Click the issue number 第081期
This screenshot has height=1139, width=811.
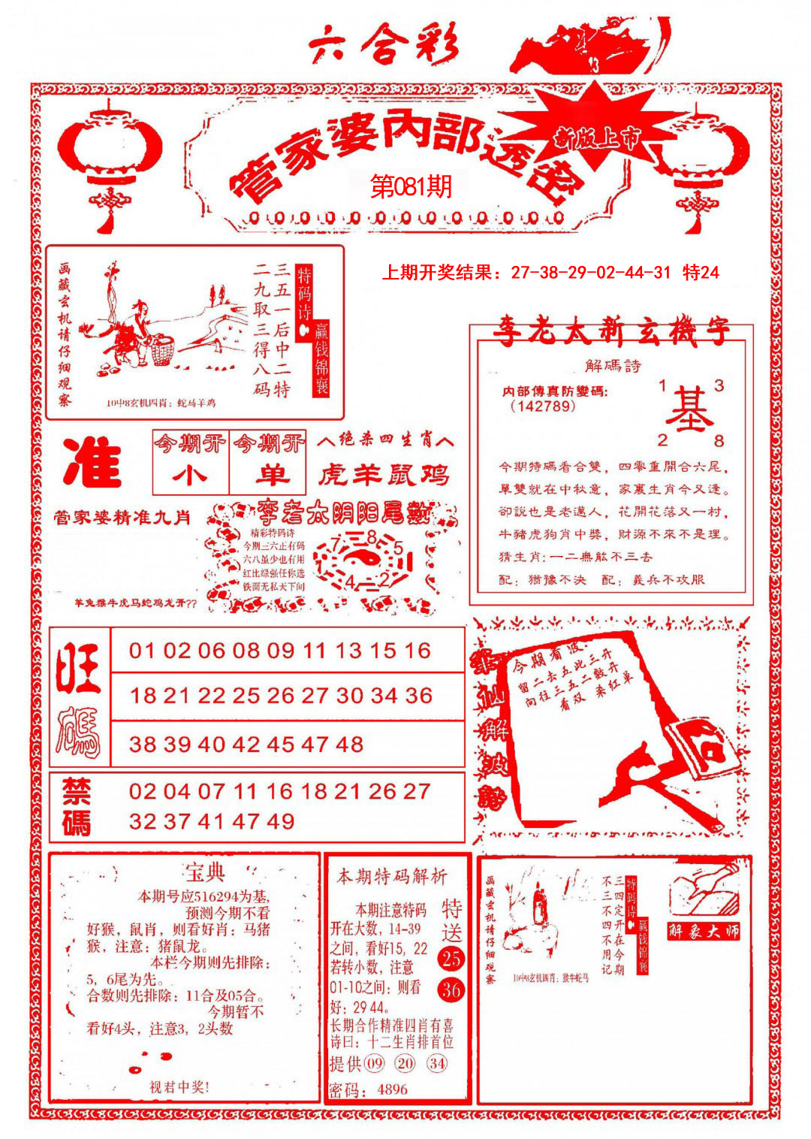412,186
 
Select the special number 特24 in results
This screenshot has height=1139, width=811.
701,273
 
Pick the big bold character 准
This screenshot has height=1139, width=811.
93,463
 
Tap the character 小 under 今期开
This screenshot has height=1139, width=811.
189,476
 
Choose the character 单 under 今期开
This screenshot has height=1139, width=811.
269,476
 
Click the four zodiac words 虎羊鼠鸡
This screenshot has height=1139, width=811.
384,474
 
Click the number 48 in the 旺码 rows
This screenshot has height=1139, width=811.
349,745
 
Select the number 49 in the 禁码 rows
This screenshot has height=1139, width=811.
280,821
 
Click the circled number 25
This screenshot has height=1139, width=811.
451,958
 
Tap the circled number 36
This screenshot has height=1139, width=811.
451,989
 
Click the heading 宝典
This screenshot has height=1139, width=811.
204,873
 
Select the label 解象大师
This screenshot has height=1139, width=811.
704,931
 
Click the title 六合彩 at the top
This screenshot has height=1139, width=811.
383,47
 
